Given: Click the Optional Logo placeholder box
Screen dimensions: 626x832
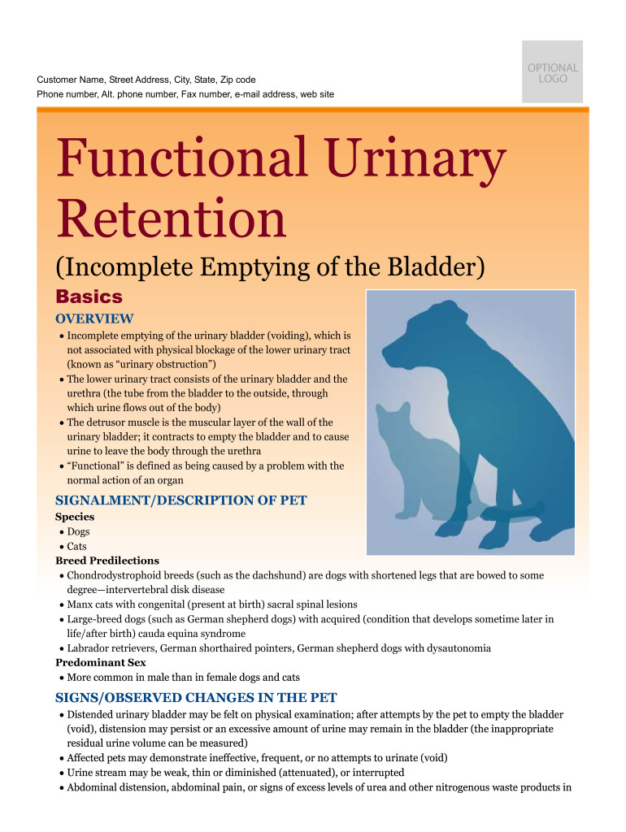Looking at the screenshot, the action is [x=552, y=71].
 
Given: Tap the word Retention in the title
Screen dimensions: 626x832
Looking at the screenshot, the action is [x=171, y=218].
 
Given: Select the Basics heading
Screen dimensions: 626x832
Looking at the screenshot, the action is [x=89, y=296].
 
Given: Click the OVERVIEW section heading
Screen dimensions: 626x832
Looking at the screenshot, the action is [x=94, y=318].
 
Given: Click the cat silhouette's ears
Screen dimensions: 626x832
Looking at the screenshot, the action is [x=393, y=409].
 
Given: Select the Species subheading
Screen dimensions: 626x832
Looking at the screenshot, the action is [x=75, y=517].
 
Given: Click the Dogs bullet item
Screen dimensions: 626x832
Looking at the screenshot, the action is [x=78, y=531].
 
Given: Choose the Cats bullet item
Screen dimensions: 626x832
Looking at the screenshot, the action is [x=76, y=547].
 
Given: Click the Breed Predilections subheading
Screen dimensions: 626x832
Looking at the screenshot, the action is [x=107, y=561].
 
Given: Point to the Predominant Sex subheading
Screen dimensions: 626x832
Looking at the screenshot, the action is [x=101, y=663].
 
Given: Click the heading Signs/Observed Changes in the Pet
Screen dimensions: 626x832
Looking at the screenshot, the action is [x=197, y=698].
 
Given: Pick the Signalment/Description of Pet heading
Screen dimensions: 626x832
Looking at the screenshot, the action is [x=181, y=500].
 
